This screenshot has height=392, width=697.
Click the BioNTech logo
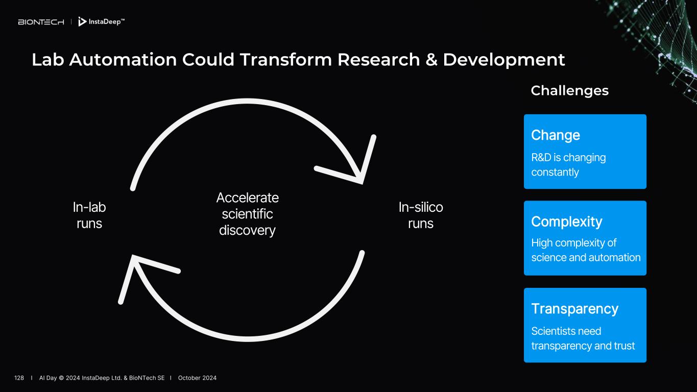point(41,22)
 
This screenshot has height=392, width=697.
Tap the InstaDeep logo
point(101,22)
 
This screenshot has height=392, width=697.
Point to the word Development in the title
point(503,60)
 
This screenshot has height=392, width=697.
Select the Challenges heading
point(569,91)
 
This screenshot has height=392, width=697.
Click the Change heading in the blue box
point(556,135)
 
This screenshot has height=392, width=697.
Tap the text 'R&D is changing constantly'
point(568,165)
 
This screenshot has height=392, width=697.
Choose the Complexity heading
point(567,222)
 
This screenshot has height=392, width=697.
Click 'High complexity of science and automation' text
point(586,250)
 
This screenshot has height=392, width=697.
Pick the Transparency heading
point(574,309)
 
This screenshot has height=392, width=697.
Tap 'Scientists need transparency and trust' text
point(583,338)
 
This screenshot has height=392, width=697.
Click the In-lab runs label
point(89,215)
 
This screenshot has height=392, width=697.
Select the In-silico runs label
point(421,215)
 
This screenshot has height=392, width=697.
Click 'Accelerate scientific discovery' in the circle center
point(247,214)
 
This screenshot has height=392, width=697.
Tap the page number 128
point(19,378)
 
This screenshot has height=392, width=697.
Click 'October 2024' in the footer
point(197,378)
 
